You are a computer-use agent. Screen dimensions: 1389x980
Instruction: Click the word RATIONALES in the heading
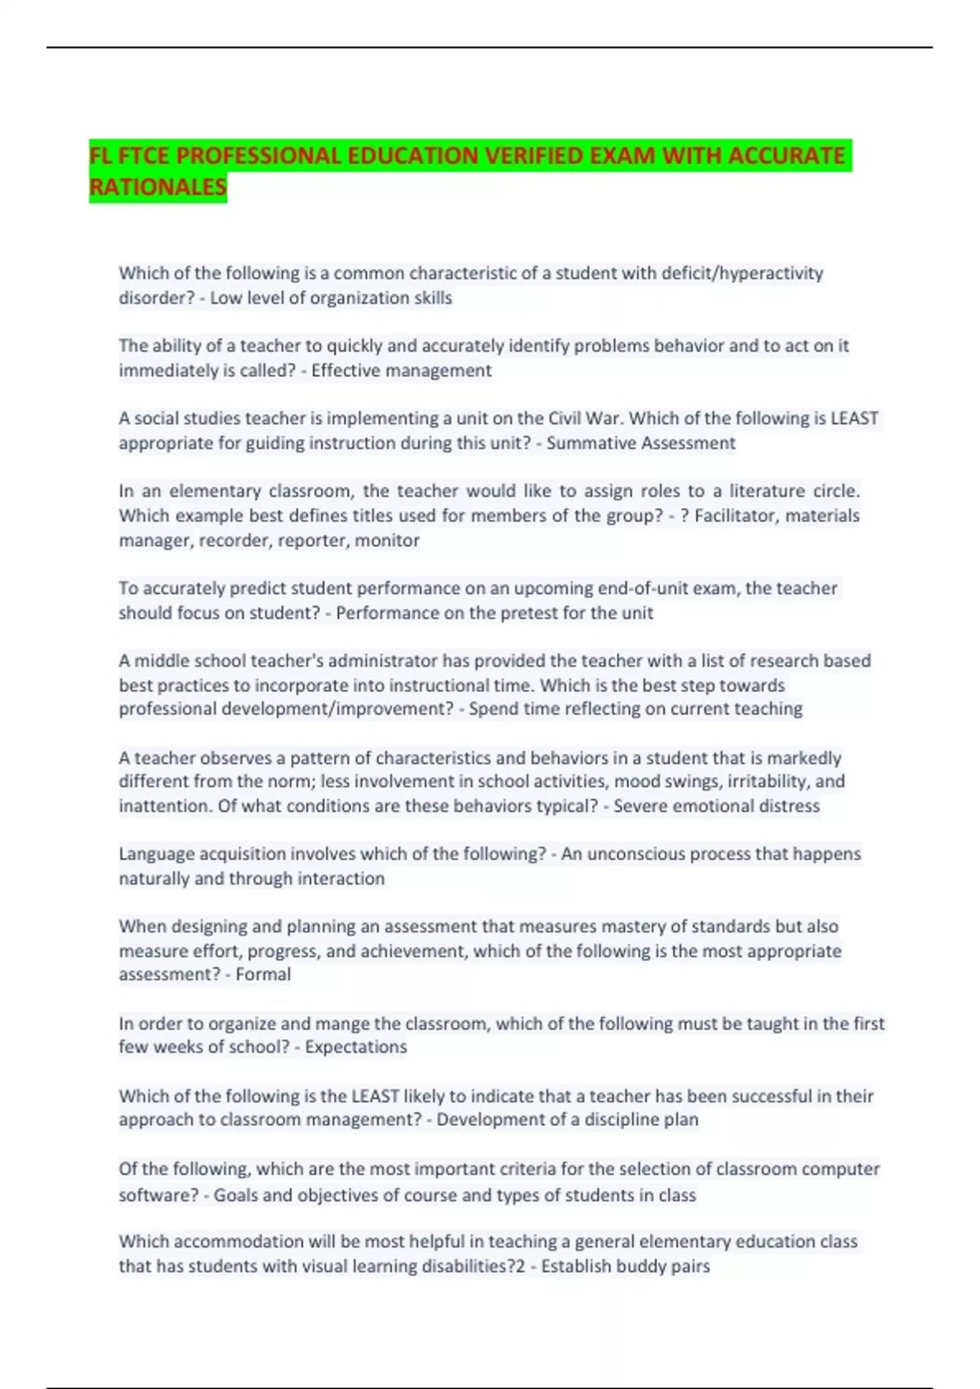(158, 187)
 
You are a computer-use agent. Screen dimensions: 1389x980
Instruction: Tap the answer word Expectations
(356, 1047)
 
